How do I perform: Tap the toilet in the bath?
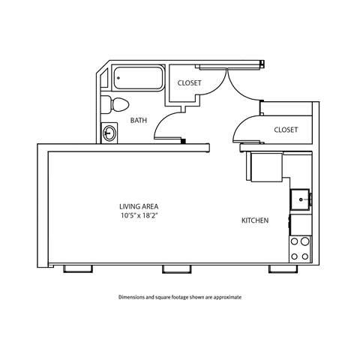click(116, 104)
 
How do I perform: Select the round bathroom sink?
click(111, 133)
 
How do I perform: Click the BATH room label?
click(138, 120)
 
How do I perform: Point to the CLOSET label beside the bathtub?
click(188, 83)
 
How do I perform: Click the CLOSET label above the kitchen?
click(286, 130)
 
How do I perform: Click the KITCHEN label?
click(255, 220)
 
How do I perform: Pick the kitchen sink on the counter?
click(301, 199)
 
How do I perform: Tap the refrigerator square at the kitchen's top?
click(264, 166)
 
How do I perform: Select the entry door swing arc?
click(241, 86)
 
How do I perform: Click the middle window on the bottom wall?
click(174, 268)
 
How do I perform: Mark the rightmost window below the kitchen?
click(280, 268)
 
